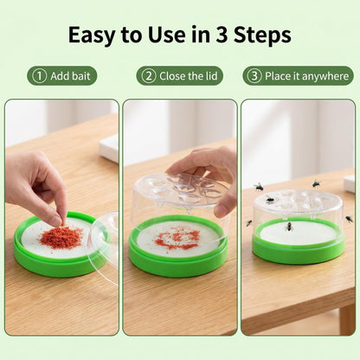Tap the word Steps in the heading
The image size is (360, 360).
pos(262,35)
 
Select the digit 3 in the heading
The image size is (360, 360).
pos(222,35)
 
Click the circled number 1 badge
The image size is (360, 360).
pos(40,76)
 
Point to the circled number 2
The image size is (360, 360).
pos(149,76)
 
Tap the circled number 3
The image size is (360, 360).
pos(254,76)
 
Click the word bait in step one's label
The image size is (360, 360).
pos(80,76)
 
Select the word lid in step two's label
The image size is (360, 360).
pos(211,76)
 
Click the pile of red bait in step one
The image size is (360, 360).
pos(61,237)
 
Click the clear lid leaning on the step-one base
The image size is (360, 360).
pos(105,245)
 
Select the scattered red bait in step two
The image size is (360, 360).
pos(177,238)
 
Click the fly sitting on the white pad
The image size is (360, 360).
pos(289,227)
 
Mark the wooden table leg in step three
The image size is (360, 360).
pos(347,319)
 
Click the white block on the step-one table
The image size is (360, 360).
pos(109,149)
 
